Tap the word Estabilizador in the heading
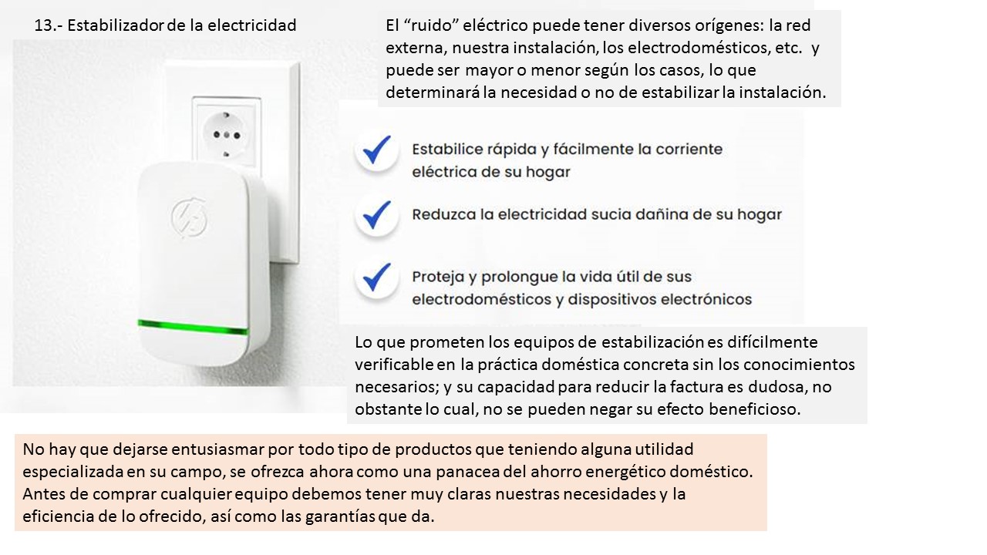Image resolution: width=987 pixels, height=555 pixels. click(116, 25)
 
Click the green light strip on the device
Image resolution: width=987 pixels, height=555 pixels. click(193, 328)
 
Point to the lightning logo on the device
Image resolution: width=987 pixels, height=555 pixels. click(189, 217)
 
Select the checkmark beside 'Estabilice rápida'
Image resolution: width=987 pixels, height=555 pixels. click(377, 150)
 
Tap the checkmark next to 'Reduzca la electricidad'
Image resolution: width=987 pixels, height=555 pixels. click(377, 215)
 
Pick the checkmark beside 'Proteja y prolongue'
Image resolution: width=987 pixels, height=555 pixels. click(377, 277)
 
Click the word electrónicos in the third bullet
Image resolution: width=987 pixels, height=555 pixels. click(706, 300)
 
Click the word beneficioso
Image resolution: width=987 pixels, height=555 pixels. click(754, 409)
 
